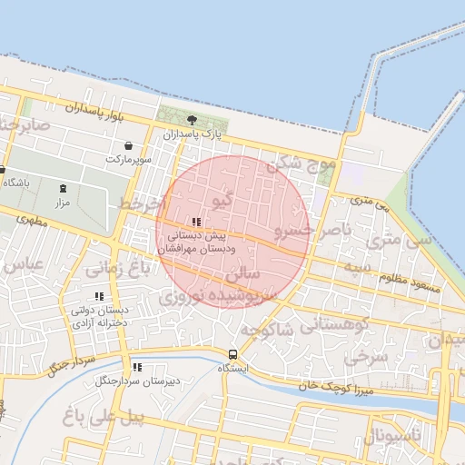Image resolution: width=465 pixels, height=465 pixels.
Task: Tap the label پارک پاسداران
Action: point(193,134)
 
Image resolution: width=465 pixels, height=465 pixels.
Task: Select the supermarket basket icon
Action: point(128,145)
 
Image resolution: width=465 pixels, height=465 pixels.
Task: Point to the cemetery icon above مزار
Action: point(63,188)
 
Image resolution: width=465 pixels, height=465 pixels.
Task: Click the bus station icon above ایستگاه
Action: point(233,354)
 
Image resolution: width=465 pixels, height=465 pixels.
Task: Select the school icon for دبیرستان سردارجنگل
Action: point(137,367)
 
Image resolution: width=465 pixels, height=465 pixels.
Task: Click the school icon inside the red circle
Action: point(197,222)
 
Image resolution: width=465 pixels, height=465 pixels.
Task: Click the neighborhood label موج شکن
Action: point(302,164)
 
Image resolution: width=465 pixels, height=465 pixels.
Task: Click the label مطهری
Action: point(31,220)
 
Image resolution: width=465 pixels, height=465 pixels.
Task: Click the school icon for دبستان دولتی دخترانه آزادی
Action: point(99,296)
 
